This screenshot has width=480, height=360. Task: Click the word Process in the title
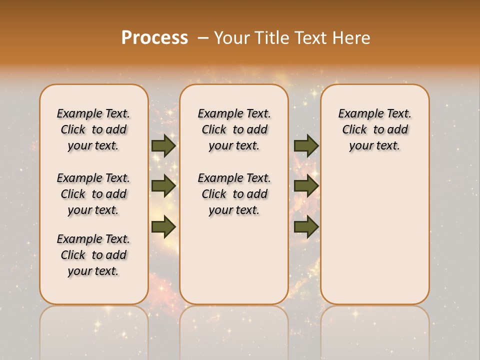pyautogui.click(x=154, y=37)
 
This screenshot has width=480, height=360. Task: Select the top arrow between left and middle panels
pyautogui.click(x=163, y=145)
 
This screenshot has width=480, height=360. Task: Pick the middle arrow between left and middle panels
pyautogui.click(x=163, y=185)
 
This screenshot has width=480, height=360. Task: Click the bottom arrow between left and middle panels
pyautogui.click(x=163, y=226)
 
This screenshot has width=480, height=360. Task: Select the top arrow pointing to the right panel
pyautogui.click(x=306, y=145)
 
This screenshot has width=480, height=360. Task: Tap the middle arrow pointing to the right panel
pyautogui.click(x=306, y=185)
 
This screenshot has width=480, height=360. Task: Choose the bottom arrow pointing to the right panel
pyautogui.click(x=306, y=226)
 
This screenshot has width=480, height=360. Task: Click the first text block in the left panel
pyautogui.click(x=93, y=129)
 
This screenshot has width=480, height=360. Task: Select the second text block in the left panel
pyautogui.click(x=93, y=194)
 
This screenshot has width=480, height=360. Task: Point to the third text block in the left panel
pyautogui.click(x=93, y=255)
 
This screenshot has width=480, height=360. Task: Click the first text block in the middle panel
pyautogui.click(x=234, y=129)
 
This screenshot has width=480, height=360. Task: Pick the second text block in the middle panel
pyautogui.click(x=234, y=194)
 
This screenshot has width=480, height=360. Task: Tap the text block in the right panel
pyautogui.click(x=374, y=129)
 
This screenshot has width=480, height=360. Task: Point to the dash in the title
pyautogui.click(x=202, y=37)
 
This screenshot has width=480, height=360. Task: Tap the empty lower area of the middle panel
pyautogui.click(x=234, y=260)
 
